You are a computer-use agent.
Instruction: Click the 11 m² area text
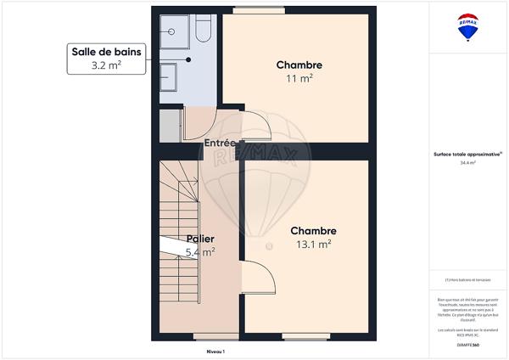click(x=299, y=78)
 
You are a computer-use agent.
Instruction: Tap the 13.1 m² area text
click(x=313, y=245)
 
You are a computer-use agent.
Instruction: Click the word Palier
click(x=200, y=239)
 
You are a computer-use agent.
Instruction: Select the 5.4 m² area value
click(x=200, y=251)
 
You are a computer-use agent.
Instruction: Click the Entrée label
click(x=221, y=143)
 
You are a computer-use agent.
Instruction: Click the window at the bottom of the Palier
click(x=204, y=337)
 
